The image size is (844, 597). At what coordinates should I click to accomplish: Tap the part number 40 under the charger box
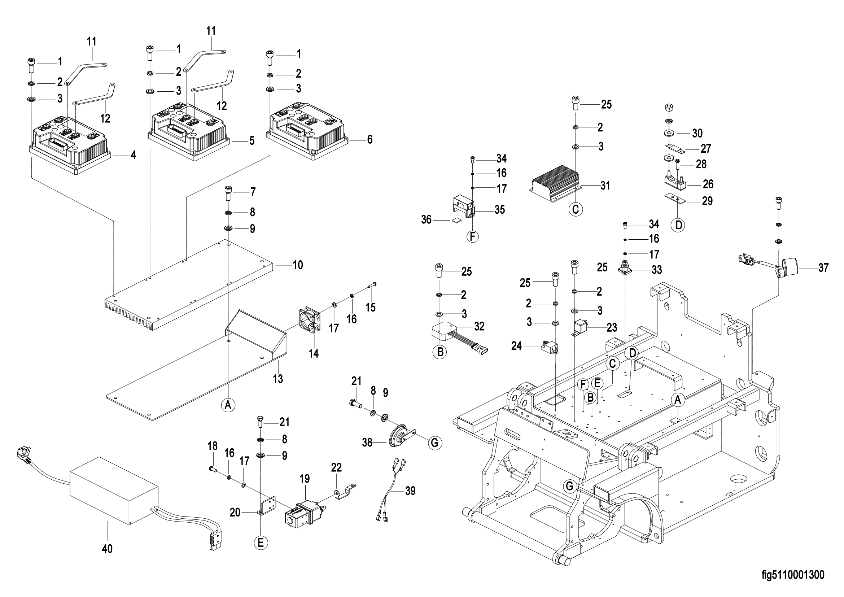[x=107, y=549]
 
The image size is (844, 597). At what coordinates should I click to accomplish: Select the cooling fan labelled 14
[x=309, y=320]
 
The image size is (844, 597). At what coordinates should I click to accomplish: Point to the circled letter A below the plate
[x=228, y=405]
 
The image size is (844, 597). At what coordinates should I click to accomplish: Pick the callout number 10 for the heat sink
[x=298, y=265]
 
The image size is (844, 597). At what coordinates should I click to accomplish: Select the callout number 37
[x=823, y=267]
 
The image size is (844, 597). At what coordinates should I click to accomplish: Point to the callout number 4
[x=133, y=156]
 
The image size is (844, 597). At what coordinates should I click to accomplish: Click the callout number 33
[x=656, y=270]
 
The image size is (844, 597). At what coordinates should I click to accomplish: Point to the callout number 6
[x=369, y=139]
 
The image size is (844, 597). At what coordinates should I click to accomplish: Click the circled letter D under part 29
[x=679, y=225]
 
